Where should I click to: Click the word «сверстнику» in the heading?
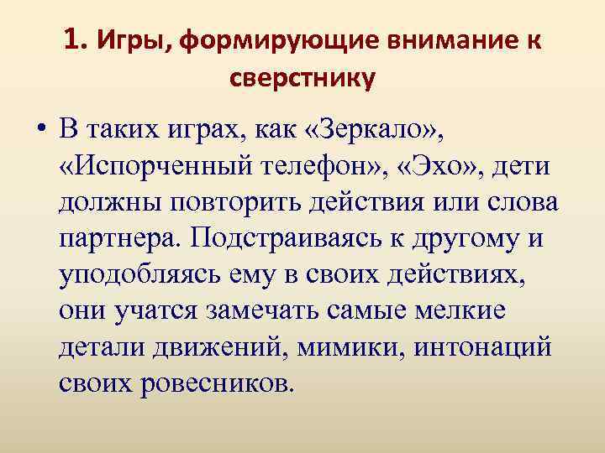pyautogui.click(x=302, y=79)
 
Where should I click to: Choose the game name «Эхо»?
pyautogui.click(x=451, y=165)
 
